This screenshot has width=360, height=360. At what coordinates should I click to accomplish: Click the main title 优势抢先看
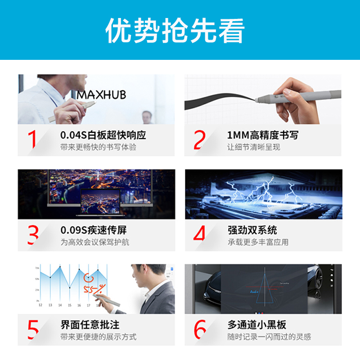point(175,30)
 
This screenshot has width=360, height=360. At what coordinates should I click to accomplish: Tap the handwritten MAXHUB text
point(101,95)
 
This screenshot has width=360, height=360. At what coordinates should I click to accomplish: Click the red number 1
point(32,139)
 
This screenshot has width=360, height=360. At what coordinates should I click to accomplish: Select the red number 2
point(199,139)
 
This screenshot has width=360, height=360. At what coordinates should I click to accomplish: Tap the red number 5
point(33,329)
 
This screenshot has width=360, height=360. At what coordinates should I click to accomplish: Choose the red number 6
point(200,329)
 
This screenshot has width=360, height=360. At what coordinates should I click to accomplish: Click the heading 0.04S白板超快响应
point(103,135)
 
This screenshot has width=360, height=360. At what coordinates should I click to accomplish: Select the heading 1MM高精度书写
point(262,135)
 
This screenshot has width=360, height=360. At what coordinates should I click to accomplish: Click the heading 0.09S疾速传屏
point(94,230)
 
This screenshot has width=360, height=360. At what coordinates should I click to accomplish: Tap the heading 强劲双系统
point(252,230)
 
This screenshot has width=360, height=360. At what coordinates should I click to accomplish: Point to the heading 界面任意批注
point(90,324)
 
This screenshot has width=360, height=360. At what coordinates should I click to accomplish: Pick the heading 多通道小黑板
point(257,324)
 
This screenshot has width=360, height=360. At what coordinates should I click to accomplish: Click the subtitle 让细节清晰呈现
point(254,147)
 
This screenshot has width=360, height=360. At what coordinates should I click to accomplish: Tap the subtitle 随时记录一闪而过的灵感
point(269,337)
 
